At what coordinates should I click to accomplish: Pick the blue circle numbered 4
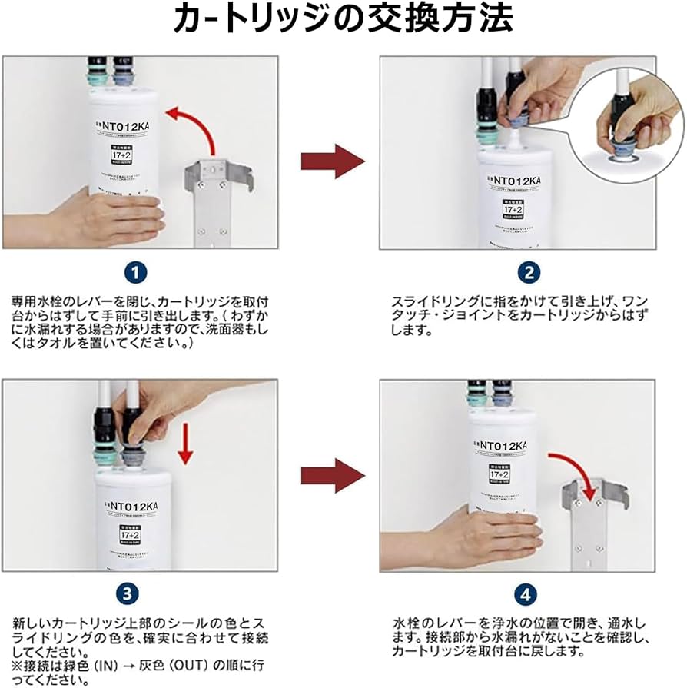525,593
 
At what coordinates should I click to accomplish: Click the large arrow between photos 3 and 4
332,475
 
